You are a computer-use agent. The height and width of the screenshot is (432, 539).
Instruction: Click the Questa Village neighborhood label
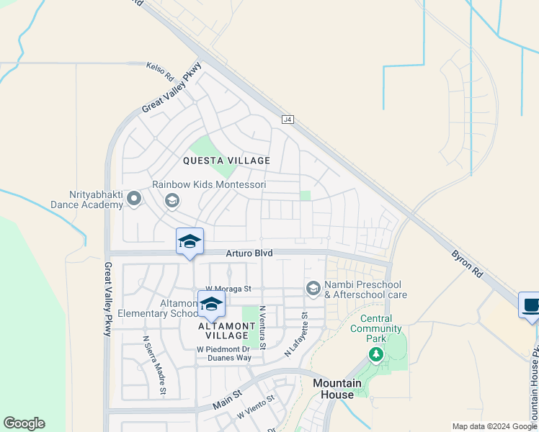pos(226,161)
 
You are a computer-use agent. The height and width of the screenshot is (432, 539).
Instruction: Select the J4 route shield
pos(288,119)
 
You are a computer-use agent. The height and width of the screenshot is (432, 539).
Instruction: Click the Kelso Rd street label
pos(160,71)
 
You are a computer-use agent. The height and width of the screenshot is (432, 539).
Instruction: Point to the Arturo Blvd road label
pos(249,253)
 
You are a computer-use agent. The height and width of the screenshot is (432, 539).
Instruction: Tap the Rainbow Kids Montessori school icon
pos(171,200)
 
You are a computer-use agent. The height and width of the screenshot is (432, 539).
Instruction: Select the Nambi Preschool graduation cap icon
pos(313,289)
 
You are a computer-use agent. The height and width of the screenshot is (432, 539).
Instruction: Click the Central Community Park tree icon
pos(375,354)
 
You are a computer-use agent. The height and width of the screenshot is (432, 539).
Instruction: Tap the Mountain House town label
pos(333,389)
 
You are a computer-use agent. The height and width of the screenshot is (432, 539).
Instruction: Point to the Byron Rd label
pos(467,264)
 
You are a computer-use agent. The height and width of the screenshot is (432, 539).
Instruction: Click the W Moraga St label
pos(226,289)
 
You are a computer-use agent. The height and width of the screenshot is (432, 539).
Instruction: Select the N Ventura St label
pos(262,328)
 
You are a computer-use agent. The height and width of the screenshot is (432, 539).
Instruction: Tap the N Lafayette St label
pos(296,335)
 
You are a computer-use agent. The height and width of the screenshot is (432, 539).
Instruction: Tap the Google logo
pos(24,423)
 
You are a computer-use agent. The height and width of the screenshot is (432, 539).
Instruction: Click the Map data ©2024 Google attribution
pos(494,426)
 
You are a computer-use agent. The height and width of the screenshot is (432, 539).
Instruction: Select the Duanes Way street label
pos(226,357)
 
